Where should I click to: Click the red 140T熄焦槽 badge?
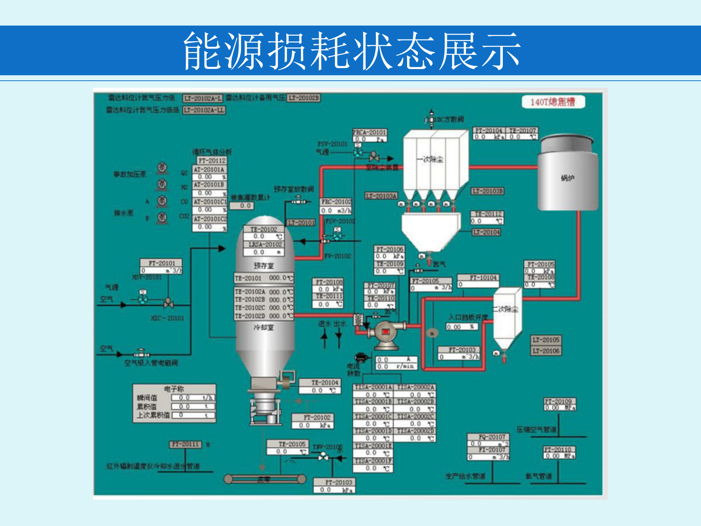click(x=553, y=102)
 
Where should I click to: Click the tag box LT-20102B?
click(x=304, y=98)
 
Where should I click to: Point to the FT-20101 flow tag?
click(x=161, y=263)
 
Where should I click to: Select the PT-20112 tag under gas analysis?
click(x=212, y=161)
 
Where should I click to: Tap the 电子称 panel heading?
click(x=174, y=389)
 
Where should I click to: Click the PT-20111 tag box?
click(x=185, y=444)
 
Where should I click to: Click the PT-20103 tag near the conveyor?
click(x=334, y=483)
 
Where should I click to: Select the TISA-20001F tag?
click(x=373, y=461)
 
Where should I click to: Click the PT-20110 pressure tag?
click(x=559, y=450)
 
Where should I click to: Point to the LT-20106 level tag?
click(x=546, y=351)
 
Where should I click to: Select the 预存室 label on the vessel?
click(x=264, y=266)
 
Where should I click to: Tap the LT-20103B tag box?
click(x=487, y=191)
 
